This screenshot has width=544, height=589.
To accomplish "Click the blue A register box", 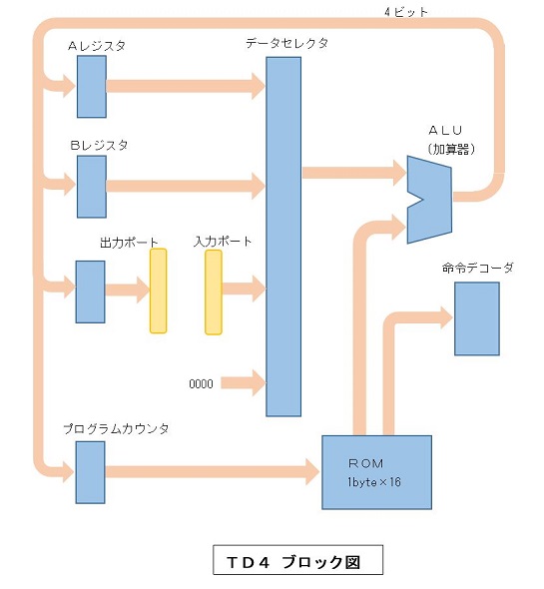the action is click(x=92, y=87).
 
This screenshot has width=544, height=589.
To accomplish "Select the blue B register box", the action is click(x=92, y=187).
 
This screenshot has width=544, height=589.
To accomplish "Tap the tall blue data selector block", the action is click(x=283, y=237).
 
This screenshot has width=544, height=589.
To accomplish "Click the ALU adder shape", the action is click(x=429, y=199).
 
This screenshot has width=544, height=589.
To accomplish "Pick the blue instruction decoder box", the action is click(x=477, y=318).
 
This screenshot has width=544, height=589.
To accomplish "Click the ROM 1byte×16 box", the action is click(x=376, y=472).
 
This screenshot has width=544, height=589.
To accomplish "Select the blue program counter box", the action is click(x=90, y=472).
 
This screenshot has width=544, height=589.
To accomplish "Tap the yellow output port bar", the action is click(x=158, y=291).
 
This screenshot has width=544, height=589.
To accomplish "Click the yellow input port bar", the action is click(x=214, y=293).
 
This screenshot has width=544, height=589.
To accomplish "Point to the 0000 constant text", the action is click(x=201, y=384).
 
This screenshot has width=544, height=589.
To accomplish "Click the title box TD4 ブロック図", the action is click(x=297, y=560).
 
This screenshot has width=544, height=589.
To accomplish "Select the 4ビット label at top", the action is click(x=406, y=12).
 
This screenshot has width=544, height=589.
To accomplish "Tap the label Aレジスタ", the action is click(x=97, y=46).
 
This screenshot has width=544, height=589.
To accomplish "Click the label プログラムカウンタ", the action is click(x=116, y=428).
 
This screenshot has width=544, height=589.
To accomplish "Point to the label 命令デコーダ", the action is click(x=477, y=268).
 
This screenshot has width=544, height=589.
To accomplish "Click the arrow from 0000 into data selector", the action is click(x=244, y=383).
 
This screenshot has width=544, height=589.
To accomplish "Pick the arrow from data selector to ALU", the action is click(x=354, y=173).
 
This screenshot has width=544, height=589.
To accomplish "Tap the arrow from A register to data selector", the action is click(x=187, y=86).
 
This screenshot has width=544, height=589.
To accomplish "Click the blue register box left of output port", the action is click(x=90, y=292).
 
